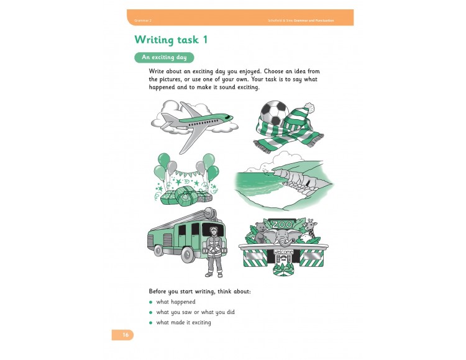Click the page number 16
point(125,335)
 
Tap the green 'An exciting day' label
point(164,57)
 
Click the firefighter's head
point(213,232)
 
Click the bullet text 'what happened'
point(175,302)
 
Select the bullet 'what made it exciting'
point(183,322)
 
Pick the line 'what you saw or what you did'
point(195,312)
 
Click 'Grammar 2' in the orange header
point(142,20)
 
